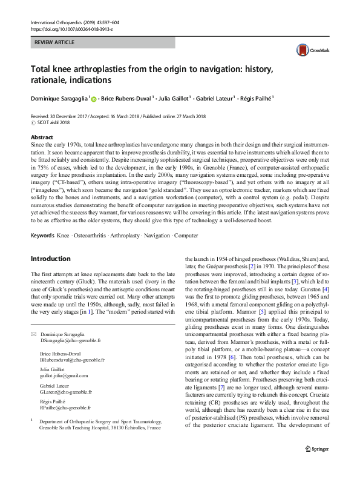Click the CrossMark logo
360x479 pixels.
(308, 51)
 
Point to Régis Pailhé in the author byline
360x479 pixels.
(255, 97)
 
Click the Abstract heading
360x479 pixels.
(41, 137)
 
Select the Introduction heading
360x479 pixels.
(53, 259)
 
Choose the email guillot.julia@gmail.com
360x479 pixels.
(67, 375)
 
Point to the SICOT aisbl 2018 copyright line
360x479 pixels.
(54, 122)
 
